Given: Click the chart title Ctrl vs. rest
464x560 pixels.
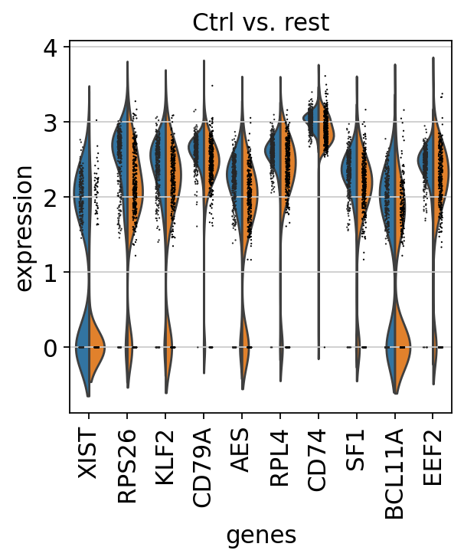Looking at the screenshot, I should tap(260, 22).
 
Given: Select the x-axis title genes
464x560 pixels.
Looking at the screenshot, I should tap(260, 535).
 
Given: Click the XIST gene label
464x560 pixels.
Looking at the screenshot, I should tap(89, 454).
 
